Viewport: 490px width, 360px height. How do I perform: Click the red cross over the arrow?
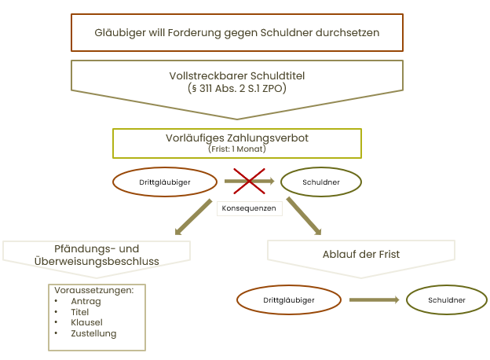(x=249, y=181)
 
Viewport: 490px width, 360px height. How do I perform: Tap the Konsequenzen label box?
(x=250, y=208)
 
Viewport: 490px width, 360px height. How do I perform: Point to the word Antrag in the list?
(x=86, y=301)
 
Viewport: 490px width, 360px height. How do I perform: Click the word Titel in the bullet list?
(x=79, y=312)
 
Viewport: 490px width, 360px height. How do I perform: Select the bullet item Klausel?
(x=86, y=322)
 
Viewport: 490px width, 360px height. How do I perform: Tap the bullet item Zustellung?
(x=93, y=333)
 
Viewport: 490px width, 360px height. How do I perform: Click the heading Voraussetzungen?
(x=93, y=290)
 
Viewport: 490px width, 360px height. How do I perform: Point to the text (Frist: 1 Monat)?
(x=237, y=149)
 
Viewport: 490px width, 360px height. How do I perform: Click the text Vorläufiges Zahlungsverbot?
(x=237, y=138)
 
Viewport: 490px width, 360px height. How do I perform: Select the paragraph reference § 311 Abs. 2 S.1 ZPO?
(x=237, y=88)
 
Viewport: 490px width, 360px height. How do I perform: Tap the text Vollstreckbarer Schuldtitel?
(x=237, y=75)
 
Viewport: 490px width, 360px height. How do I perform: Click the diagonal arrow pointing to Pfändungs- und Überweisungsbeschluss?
(x=193, y=217)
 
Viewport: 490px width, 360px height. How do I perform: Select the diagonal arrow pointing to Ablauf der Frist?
(x=304, y=216)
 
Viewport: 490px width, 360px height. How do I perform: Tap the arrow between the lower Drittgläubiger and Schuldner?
(x=375, y=299)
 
